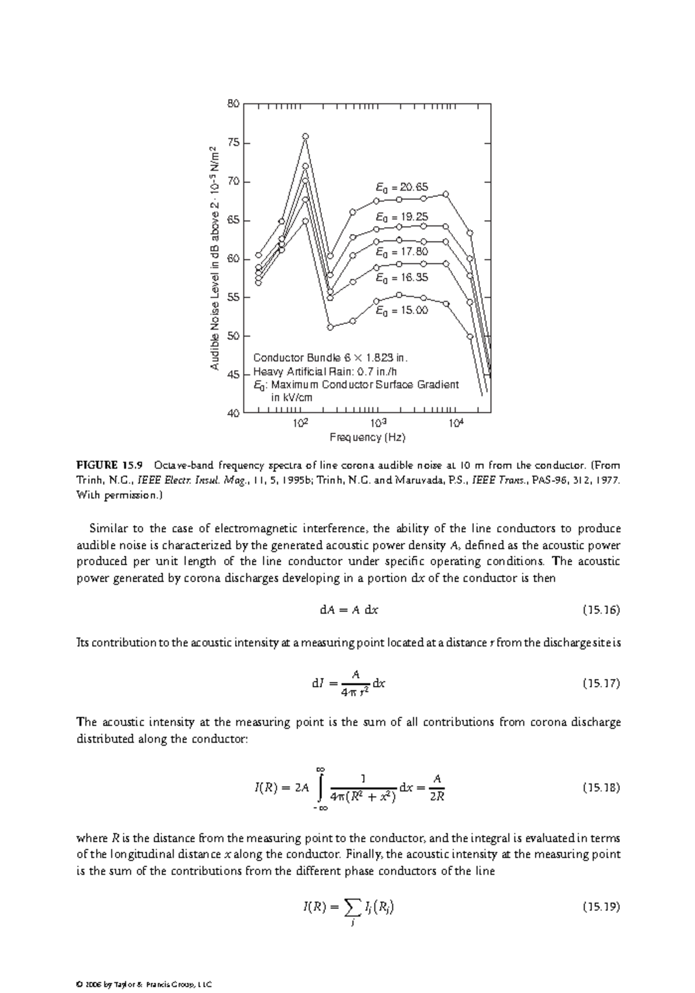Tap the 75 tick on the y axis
(x=233, y=143)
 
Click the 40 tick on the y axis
(x=233, y=413)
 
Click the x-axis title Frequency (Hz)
(x=367, y=437)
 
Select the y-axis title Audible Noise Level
(x=215, y=258)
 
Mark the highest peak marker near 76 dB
(x=305, y=136)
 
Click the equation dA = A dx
(x=349, y=610)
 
